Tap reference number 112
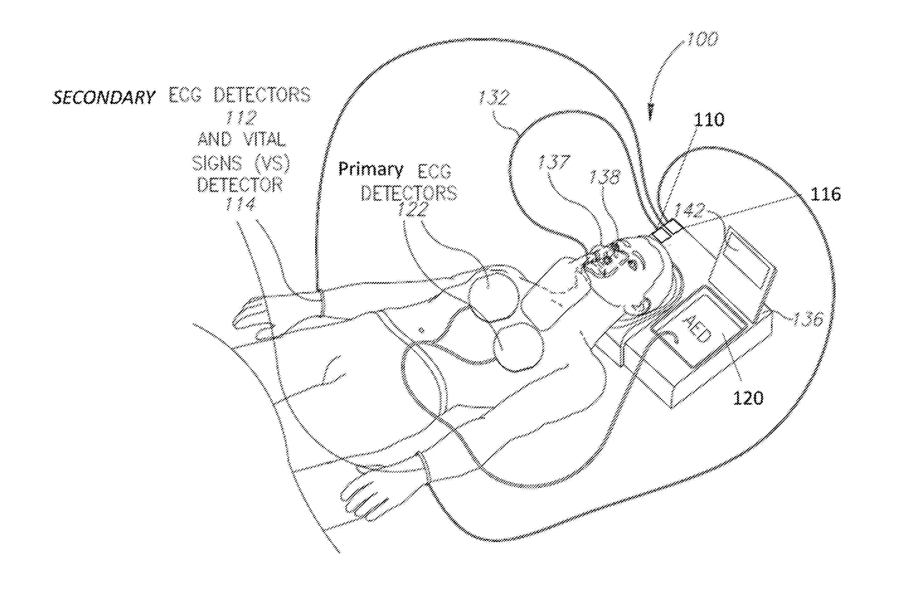(x=241, y=118)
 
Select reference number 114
(x=240, y=205)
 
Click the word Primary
(x=370, y=170)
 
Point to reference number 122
(x=412, y=210)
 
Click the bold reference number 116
(x=826, y=194)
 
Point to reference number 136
(x=807, y=319)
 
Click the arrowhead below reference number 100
(x=650, y=114)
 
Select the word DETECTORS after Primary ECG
(x=409, y=193)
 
